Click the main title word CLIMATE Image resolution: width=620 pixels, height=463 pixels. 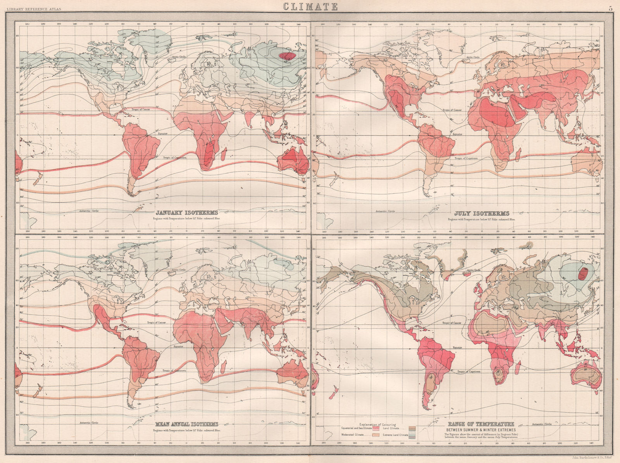(x=310, y=6)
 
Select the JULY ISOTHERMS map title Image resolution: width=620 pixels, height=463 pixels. (x=482, y=213)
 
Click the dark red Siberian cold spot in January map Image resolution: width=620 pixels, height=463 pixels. (x=287, y=56)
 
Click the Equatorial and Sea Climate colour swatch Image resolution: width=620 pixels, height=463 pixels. (x=376, y=429)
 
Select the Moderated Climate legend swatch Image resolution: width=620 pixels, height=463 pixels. (x=376, y=435)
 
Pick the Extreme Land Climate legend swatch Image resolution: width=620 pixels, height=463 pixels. (x=412, y=435)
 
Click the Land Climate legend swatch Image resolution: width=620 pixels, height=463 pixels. (x=412, y=428)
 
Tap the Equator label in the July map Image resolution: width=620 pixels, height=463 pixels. (x=458, y=134)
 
